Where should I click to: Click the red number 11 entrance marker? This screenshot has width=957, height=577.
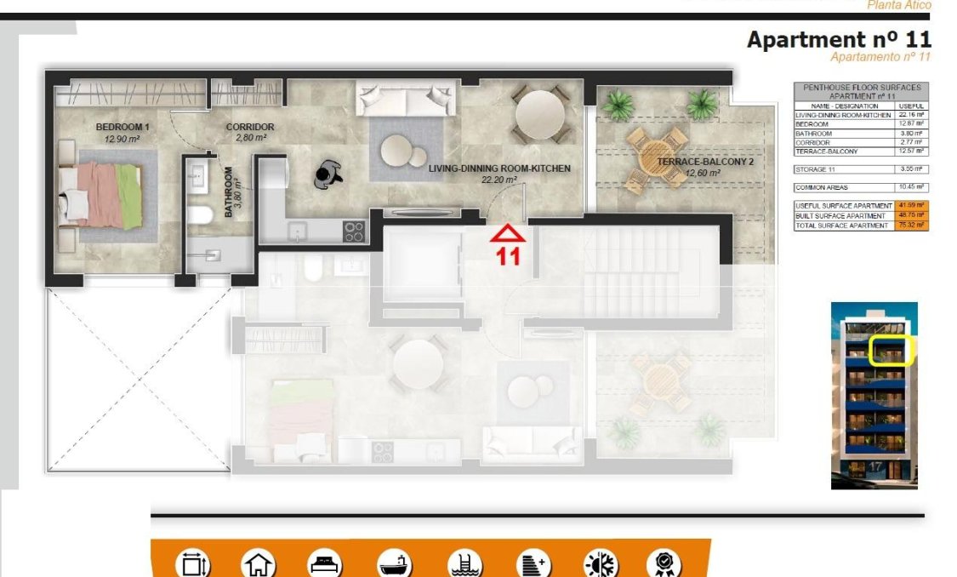(x=508, y=255)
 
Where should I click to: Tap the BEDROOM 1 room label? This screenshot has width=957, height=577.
(x=122, y=128)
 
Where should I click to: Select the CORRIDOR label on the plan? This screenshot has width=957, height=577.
(x=249, y=128)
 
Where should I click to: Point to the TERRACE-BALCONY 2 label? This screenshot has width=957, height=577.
(x=693, y=161)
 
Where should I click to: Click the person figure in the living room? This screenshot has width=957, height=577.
(x=327, y=174)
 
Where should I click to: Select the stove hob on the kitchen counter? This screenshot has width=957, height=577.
(x=353, y=231)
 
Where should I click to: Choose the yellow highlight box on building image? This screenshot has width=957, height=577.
(x=890, y=351)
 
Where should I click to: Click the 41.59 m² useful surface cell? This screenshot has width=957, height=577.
(x=910, y=206)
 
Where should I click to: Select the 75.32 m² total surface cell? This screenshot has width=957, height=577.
(x=910, y=226)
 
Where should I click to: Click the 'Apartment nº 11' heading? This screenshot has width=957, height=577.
(x=838, y=39)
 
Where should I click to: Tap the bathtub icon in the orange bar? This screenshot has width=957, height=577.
(x=395, y=564)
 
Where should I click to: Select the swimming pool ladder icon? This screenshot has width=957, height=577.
(x=464, y=564)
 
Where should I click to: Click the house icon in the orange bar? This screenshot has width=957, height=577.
(x=259, y=564)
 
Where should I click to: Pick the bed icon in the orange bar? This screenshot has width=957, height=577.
(x=325, y=564)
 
